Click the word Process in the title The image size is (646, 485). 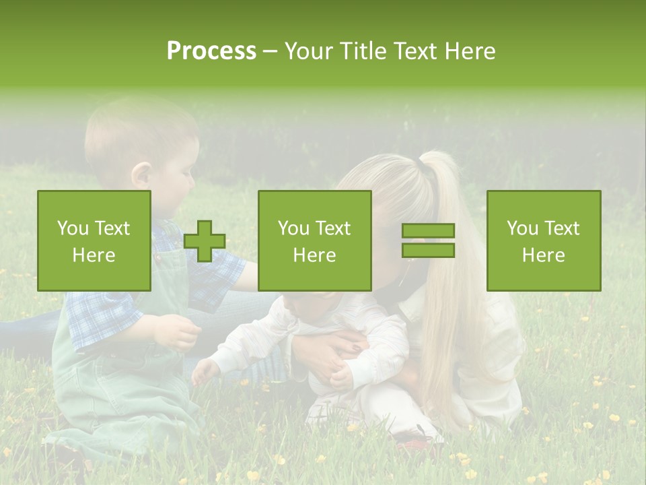(x=211, y=51)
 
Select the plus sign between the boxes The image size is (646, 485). (x=205, y=241)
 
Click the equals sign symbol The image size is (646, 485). (x=428, y=240)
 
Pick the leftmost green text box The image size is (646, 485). (x=94, y=240)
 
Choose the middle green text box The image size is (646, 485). (x=314, y=240)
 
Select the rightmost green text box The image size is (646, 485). (x=543, y=240)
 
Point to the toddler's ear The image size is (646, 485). (x=142, y=176)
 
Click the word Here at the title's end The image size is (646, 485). (x=471, y=51)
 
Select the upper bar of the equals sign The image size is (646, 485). (x=428, y=230)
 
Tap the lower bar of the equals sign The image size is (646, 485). (x=428, y=251)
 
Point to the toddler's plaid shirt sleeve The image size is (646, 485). (x=101, y=317)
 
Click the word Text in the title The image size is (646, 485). (x=417, y=51)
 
